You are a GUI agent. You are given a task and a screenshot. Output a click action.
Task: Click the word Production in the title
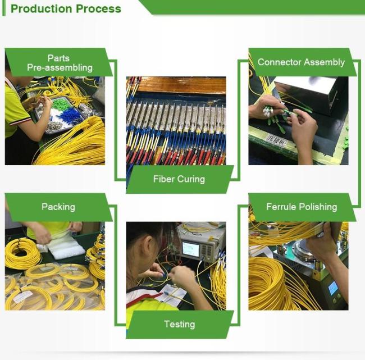41,9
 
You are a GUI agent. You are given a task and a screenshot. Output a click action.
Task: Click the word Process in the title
98,9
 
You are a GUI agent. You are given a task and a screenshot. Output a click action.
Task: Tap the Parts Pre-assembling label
60,63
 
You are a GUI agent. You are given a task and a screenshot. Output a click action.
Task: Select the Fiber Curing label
179,179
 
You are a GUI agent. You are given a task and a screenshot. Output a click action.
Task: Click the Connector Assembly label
301,62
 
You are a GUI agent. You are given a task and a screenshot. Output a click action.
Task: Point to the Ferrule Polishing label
302,207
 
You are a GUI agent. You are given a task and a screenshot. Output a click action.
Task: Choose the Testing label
180,324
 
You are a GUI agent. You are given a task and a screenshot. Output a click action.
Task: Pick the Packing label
58,207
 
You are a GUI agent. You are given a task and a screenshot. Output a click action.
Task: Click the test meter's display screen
191,249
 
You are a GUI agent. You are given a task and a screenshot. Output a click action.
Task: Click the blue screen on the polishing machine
332,288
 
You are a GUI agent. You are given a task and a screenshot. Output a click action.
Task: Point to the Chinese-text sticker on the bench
276,140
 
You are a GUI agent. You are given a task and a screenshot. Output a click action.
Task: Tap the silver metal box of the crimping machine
312,94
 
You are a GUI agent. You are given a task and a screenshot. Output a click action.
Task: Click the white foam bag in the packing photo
66,247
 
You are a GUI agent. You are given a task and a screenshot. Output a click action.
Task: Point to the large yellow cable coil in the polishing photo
268,282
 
